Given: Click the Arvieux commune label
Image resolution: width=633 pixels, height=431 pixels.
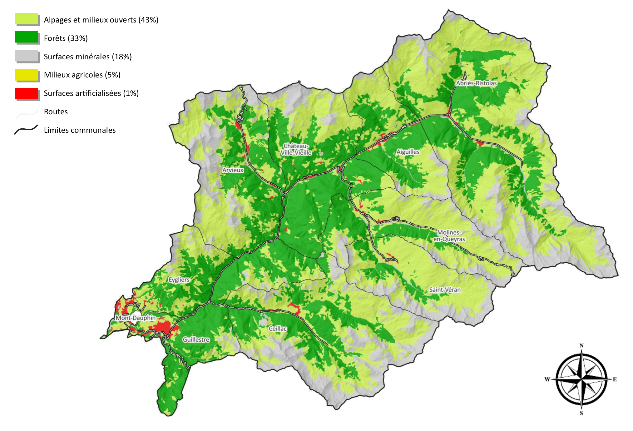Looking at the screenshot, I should point(233,170).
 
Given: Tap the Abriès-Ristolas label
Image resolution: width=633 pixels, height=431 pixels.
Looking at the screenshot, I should point(476,83).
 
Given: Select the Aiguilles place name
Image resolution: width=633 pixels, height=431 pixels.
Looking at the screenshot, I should point(408,152).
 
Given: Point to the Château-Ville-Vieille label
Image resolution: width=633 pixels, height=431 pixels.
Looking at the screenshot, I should point(296,149).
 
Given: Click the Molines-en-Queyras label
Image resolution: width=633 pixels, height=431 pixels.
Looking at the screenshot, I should point(449,236).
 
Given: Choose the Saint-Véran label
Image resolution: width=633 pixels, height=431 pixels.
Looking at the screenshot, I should point(445,290).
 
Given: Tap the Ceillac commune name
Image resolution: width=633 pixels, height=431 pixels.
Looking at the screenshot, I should point(278,329).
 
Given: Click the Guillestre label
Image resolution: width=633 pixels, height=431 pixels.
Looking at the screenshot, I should point(196,339).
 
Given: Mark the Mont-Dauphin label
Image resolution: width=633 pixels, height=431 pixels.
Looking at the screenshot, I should point(136,318).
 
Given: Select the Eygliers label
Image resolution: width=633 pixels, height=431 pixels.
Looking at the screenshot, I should point(179,280).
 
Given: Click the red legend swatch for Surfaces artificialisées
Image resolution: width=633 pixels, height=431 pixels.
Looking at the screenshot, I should point(27,93).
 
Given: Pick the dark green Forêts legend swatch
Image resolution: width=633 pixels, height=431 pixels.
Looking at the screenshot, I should point(27,37).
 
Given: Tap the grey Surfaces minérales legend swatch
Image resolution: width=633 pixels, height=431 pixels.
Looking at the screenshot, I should point(27,56).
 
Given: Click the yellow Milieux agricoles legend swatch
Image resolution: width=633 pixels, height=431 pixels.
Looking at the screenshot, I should point(27,75).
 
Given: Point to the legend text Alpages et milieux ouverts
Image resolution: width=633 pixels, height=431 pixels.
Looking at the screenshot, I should point(101,20).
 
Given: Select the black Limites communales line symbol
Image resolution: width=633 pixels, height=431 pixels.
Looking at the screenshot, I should point(26,130).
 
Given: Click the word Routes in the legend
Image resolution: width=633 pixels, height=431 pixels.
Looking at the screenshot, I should point(56,112).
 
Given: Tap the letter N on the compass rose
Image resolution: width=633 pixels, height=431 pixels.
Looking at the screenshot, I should point(581,346).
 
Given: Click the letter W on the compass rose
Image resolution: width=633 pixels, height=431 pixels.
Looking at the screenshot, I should point(547,379).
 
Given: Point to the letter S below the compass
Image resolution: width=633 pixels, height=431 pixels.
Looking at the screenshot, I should point(581,413).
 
